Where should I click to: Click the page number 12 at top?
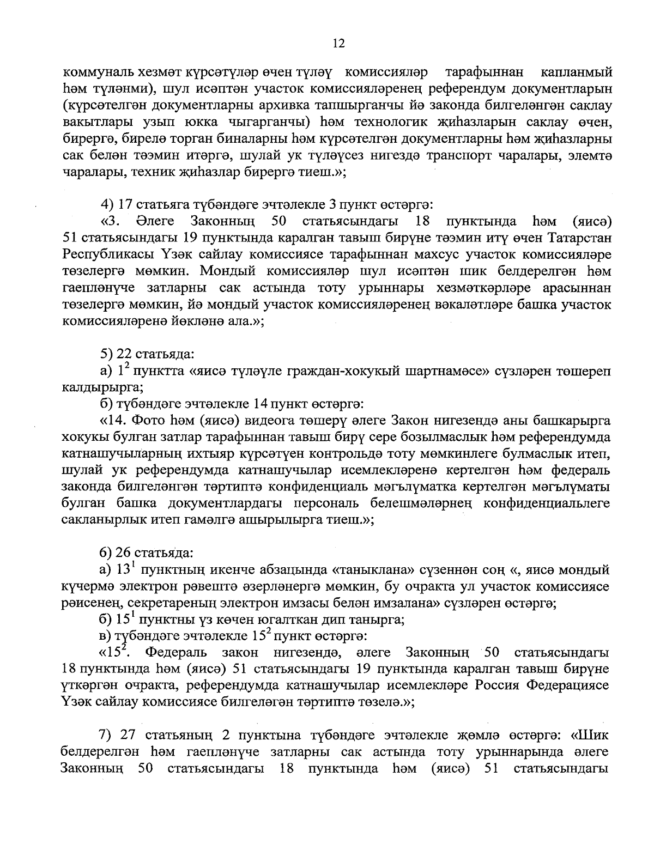coord(338,44)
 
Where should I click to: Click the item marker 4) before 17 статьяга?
coord(107,205)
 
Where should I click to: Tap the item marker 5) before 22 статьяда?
coord(107,355)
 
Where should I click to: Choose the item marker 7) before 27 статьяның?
coord(107,736)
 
